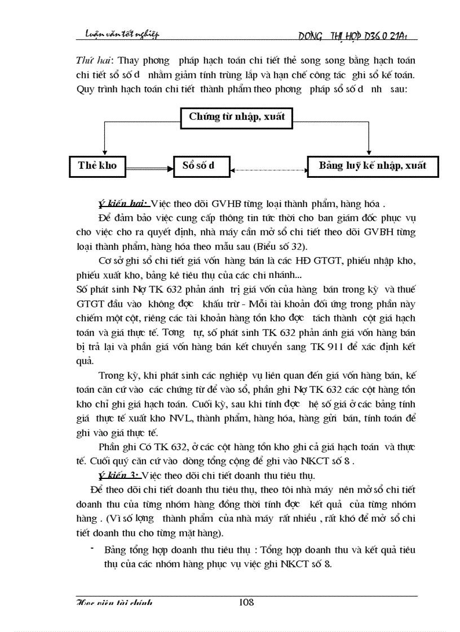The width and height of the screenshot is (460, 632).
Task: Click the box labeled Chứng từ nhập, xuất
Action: [x=237, y=117]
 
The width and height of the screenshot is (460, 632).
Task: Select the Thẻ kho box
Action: [x=98, y=165]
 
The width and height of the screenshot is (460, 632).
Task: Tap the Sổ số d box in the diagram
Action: [x=198, y=165]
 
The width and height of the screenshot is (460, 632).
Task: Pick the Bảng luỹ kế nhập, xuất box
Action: [x=373, y=165]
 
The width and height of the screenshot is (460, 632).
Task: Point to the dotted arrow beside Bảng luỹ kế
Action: [x=268, y=167]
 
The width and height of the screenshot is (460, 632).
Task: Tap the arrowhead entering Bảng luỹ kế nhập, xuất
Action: [x=368, y=151]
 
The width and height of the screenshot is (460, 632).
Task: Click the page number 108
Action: [x=246, y=602]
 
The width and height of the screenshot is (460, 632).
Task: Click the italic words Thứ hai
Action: [x=90, y=60]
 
